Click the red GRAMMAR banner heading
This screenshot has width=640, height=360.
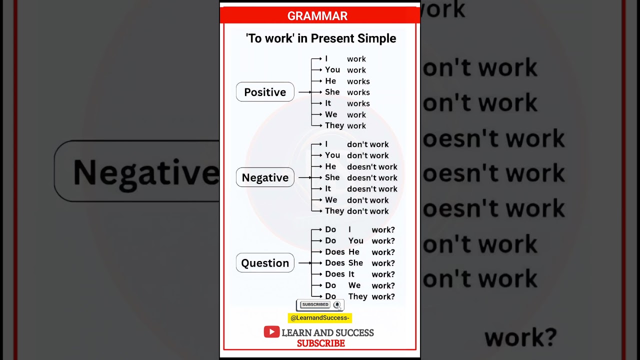317,16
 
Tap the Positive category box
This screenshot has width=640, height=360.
265,92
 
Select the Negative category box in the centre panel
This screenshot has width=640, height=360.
265,177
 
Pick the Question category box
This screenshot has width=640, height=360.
265,263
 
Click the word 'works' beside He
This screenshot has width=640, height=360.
358,81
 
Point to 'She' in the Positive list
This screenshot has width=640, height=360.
332,92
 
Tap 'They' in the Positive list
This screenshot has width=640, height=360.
334,125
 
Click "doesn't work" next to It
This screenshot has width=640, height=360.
372,189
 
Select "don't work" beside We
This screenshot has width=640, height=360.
367,200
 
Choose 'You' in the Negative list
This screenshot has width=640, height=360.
332,155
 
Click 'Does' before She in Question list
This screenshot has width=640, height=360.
334,263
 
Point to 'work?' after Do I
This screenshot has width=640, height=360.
383,230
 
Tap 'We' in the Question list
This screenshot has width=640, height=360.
354,285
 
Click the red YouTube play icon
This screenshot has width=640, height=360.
271,332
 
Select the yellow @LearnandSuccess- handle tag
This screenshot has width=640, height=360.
320,318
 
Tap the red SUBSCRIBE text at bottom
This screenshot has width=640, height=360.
321,343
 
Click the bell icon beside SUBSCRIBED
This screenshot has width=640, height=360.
337,304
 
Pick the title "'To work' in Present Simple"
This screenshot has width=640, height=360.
321,38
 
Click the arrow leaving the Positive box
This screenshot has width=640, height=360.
304,92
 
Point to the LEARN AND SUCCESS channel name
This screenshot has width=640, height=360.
327,332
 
